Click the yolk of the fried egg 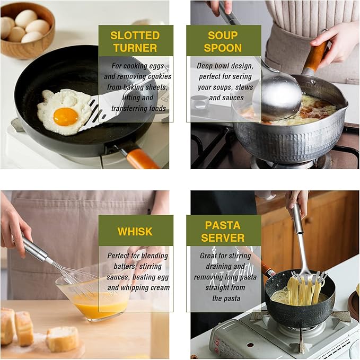(66, 117)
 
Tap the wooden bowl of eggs (27, 31)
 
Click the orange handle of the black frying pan (139, 159)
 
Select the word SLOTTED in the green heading (135, 36)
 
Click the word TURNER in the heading (135, 48)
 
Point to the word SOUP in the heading (223, 36)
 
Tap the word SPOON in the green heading (223, 48)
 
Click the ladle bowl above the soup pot (280, 96)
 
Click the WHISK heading (135, 231)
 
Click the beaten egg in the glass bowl (101, 305)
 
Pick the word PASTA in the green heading (223, 225)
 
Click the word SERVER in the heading (223, 238)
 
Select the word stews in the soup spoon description (244, 87)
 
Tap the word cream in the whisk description (159, 288)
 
